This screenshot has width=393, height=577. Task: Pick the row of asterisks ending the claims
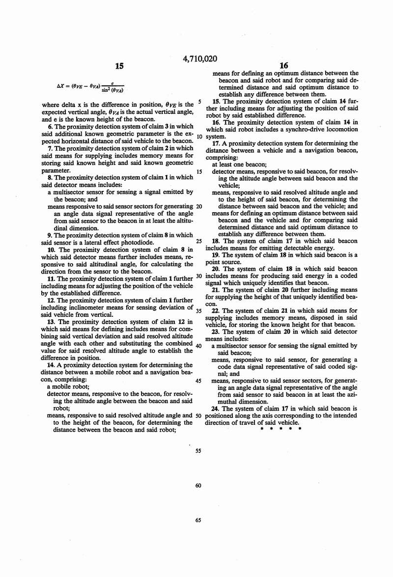click(280, 428)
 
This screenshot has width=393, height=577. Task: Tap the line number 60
click(198, 485)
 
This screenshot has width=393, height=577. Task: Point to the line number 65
click(198, 520)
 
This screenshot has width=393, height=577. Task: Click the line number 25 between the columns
click(198, 241)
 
